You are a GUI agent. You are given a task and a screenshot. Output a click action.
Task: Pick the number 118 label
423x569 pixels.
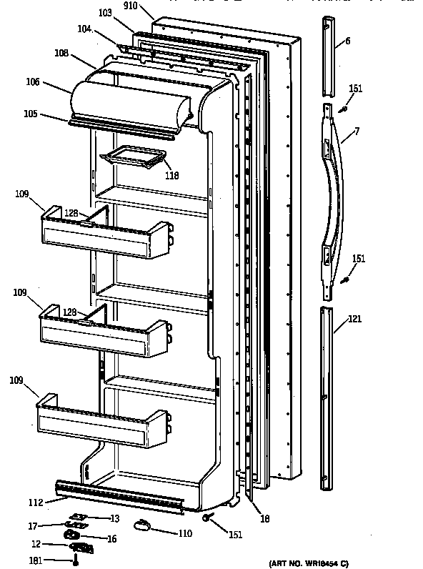click(x=171, y=176)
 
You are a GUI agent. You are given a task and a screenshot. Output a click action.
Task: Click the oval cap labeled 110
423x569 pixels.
click(x=141, y=525)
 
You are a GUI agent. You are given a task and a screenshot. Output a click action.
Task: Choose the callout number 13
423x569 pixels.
click(x=114, y=518)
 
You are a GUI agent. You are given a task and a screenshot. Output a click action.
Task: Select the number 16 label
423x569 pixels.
click(x=111, y=538)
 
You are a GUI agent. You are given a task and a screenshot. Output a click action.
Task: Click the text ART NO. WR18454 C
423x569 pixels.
click(x=309, y=564)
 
